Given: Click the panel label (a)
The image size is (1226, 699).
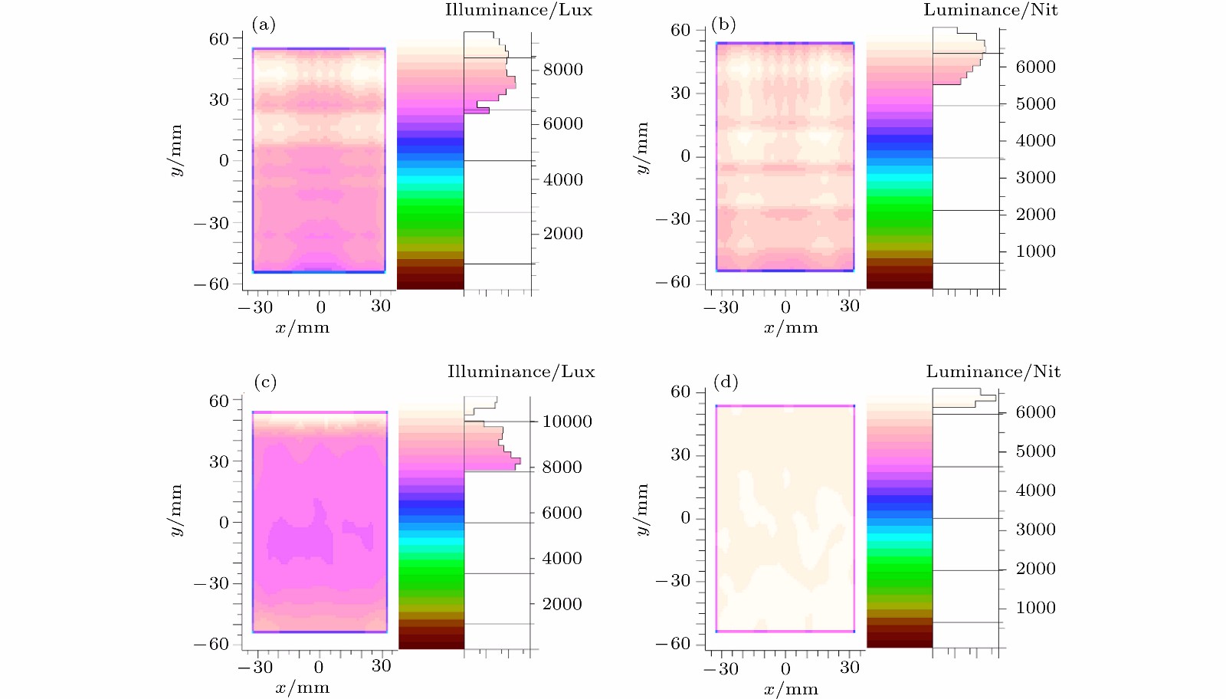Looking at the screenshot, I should (263, 25).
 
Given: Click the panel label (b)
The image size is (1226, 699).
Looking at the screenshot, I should (723, 25).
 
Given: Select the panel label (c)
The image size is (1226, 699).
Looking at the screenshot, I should (265, 382).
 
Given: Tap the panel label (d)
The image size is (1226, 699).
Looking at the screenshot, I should (726, 381).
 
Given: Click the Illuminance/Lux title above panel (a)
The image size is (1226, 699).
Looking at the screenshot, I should (519, 10).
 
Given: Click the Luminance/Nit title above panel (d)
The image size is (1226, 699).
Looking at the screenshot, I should (993, 372).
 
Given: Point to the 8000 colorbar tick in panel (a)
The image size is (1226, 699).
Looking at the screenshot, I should (563, 70).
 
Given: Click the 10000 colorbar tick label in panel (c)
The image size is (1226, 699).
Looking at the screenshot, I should (567, 422).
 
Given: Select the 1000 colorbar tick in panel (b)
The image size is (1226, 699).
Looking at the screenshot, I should (1036, 251).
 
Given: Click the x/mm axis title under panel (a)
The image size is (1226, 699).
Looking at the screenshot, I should (303, 328).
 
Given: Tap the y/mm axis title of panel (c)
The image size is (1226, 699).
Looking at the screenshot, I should (177, 510).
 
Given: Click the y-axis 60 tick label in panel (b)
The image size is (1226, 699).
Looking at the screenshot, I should (680, 31).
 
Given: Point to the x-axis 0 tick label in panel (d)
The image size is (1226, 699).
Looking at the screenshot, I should (785, 668).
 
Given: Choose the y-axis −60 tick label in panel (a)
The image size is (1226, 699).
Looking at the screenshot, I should (211, 284).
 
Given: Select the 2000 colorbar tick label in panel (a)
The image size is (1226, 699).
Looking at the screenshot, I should (563, 234).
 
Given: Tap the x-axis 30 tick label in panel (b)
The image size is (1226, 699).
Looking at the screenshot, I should (850, 306).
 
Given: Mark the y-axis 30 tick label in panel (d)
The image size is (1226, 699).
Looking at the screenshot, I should (680, 455).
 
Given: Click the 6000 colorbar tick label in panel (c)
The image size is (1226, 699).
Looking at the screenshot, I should (562, 513).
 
